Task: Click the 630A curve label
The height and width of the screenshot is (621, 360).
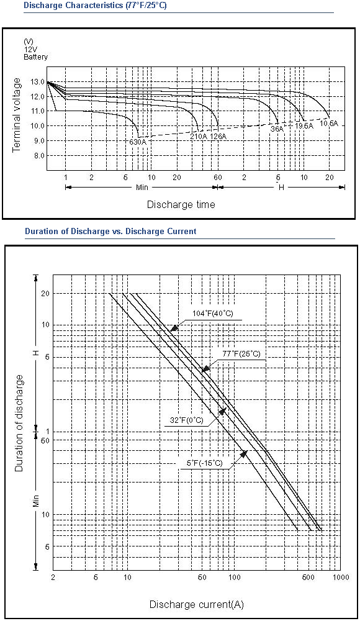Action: tap(137, 142)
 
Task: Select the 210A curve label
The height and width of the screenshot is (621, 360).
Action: tap(199, 136)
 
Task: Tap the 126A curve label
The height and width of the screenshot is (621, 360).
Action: tap(218, 136)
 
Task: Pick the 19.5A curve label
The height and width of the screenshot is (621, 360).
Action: tap(304, 125)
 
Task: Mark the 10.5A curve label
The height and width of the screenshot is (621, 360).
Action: tap(329, 123)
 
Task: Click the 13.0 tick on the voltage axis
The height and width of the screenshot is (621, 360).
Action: tap(37, 82)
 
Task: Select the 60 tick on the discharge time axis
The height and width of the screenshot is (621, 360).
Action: tap(218, 178)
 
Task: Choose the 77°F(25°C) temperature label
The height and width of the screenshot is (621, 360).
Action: tap(241, 354)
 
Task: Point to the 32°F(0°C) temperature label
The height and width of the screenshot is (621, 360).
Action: tap(187, 420)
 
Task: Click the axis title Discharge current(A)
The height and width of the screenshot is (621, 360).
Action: tap(196, 605)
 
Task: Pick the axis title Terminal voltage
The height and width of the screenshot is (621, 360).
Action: tap(16, 116)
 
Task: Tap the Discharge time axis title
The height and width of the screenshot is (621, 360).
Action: tap(181, 204)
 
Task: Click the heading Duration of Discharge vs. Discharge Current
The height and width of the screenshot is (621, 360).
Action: tap(110, 231)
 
